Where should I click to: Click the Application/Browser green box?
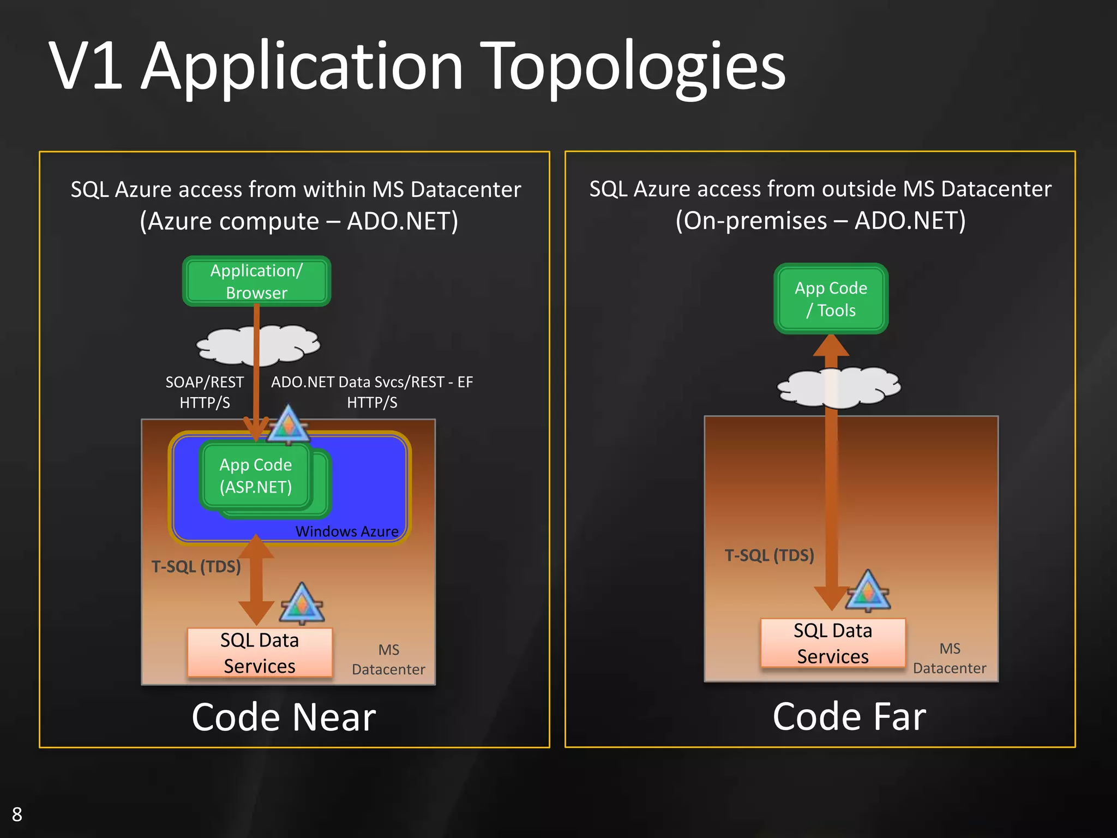pyautogui.click(x=256, y=281)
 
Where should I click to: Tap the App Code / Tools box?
pyautogui.click(x=831, y=298)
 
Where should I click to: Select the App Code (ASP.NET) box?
pyautogui.click(x=255, y=476)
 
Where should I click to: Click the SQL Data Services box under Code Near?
pyautogui.click(x=260, y=653)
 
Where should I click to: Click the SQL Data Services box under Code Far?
pyautogui.click(x=832, y=643)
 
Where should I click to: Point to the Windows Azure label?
pyautogui.click(x=347, y=531)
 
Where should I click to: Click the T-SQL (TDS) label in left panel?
pyautogui.click(x=196, y=567)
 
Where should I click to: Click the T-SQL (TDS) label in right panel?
pyautogui.click(x=769, y=555)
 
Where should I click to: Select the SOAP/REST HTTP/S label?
pyautogui.click(x=205, y=392)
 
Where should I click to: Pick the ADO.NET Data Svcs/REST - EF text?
pyautogui.click(x=372, y=382)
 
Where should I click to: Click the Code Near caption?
pyautogui.click(x=284, y=717)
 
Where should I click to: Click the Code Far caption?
pyautogui.click(x=849, y=716)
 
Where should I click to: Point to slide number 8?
pyautogui.click(x=17, y=814)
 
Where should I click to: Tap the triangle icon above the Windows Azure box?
pyautogui.click(x=289, y=425)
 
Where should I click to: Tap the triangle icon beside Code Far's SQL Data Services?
pyautogui.click(x=868, y=591)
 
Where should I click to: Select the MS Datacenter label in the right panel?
pyautogui.click(x=950, y=659)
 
